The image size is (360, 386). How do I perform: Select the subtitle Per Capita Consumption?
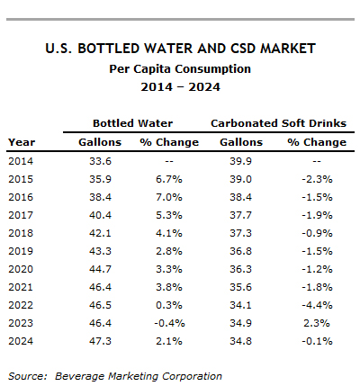click(180, 69)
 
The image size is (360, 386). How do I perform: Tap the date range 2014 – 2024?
click(180, 87)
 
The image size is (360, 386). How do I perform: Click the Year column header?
click(22, 142)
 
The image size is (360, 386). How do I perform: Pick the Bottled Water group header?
click(132, 123)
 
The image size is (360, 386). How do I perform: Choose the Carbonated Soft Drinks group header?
click(278, 123)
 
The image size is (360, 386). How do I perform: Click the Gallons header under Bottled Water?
click(100, 142)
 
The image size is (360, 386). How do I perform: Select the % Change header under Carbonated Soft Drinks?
click(317, 142)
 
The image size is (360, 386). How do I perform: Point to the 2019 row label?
click(21, 251)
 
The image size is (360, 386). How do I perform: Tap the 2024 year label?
click(21, 341)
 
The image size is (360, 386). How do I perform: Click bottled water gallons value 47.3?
click(100, 341)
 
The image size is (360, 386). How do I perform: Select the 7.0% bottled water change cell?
click(169, 197)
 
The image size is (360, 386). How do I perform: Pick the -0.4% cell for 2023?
click(169, 323)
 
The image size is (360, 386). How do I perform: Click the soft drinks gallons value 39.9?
click(240, 161)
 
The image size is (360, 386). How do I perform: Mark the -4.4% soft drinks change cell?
click(317, 305)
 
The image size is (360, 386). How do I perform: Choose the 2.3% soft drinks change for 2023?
click(317, 323)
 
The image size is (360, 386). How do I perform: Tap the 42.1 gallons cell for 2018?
click(100, 233)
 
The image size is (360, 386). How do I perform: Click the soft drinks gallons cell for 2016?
click(240, 197)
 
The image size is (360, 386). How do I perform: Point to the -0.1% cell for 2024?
click(317, 341)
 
